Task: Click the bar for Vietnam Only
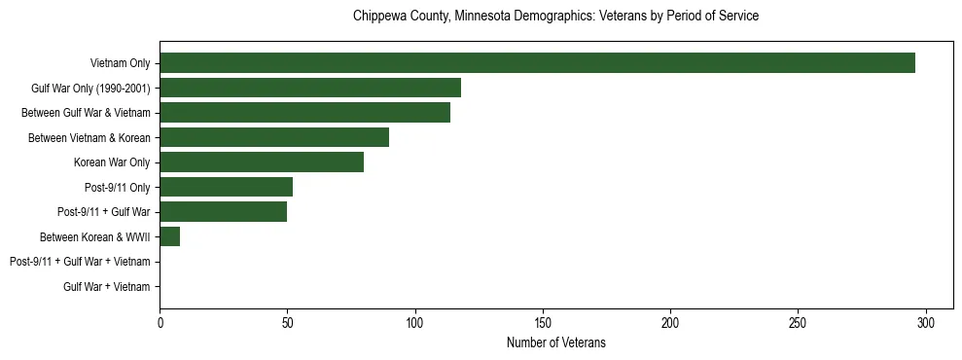point(537,63)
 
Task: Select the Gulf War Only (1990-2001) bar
point(310,88)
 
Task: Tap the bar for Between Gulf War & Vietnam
point(304,113)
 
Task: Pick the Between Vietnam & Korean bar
point(274,137)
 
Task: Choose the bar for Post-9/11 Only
point(226,187)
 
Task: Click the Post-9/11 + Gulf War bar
point(224,212)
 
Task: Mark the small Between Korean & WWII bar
point(170,236)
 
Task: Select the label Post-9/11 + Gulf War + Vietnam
point(80,262)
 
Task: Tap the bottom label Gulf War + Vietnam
point(107,287)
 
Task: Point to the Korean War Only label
point(112,162)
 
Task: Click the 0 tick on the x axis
point(160,322)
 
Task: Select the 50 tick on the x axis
point(288,322)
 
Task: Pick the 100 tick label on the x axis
point(415,322)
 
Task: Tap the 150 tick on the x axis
point(543,322)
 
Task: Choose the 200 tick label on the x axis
point(670,322)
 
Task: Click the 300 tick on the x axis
point(926,322)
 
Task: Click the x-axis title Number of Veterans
point(555,342)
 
